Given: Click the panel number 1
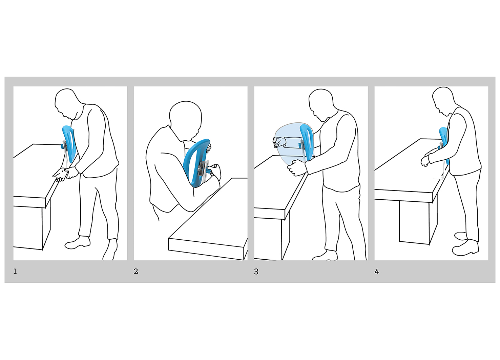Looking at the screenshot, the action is pos(15,272).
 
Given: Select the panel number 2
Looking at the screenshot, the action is pos(136,272).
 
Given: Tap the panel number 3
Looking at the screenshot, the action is pos(256,272).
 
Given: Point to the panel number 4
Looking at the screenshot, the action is pos(377,272).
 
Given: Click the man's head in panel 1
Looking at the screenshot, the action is pos(67,103).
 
